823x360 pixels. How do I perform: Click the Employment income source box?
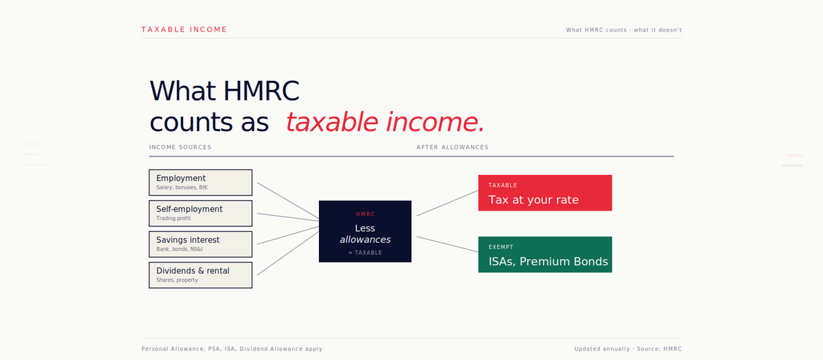click(200, 182)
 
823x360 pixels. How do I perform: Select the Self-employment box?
click(200, 213)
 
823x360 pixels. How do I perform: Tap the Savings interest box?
click(200, 244)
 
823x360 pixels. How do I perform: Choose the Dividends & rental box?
click(200, 275)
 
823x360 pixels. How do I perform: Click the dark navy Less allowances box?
click(365, 231)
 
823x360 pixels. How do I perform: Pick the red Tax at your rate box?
click(545, 193)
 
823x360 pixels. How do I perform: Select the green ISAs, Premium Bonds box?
click(545, 254)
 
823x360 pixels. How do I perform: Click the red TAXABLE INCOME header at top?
click(184, 29)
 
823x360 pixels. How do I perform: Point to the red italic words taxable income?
click(385, 122)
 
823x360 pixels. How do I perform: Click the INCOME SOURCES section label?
click(180, 147)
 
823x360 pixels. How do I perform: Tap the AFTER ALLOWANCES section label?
click(452, 147)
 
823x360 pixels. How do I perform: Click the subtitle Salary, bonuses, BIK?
click(182, 187)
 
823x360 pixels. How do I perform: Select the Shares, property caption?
click(177, 280)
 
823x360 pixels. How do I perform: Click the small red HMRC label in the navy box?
click(365, 214)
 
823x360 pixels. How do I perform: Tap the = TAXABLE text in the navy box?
click(365, 253)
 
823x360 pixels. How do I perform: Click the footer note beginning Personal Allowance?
click(231, 349)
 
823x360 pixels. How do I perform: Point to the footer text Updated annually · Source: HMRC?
click(628, 349)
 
